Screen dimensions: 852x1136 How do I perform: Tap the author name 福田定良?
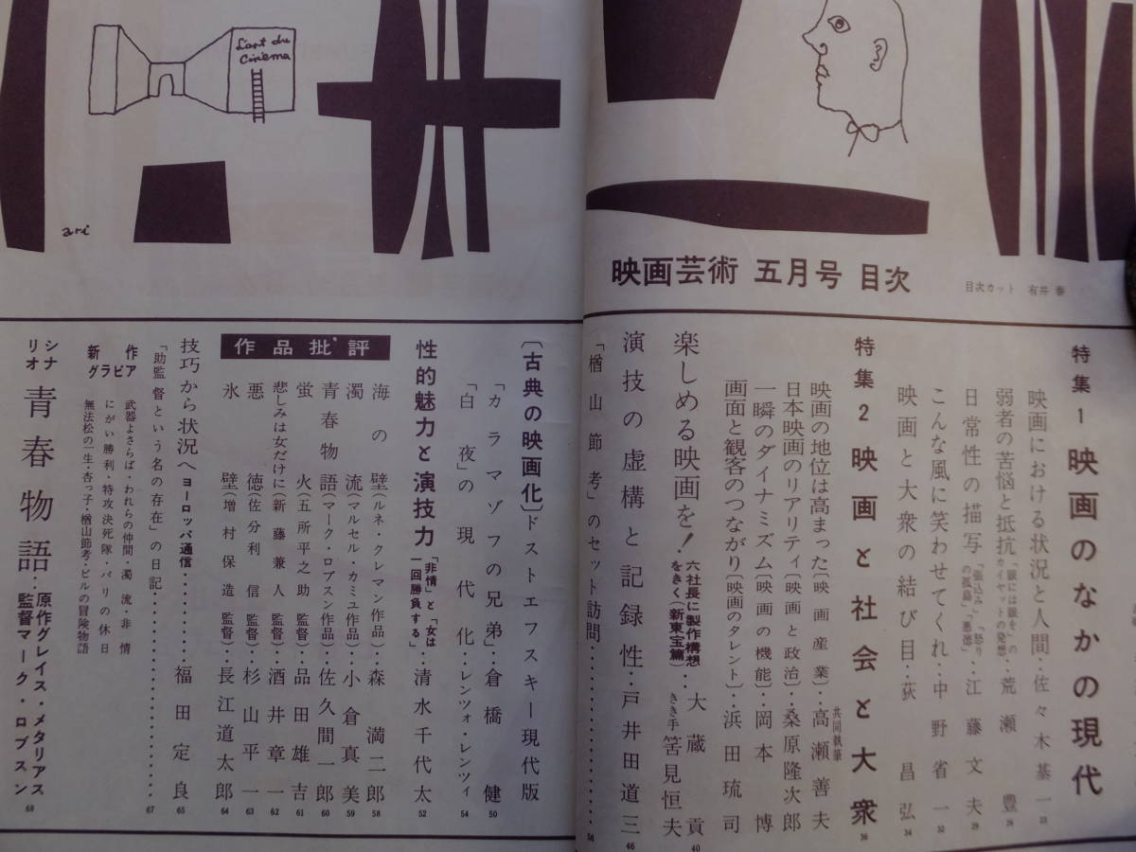(x=184, y=724)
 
